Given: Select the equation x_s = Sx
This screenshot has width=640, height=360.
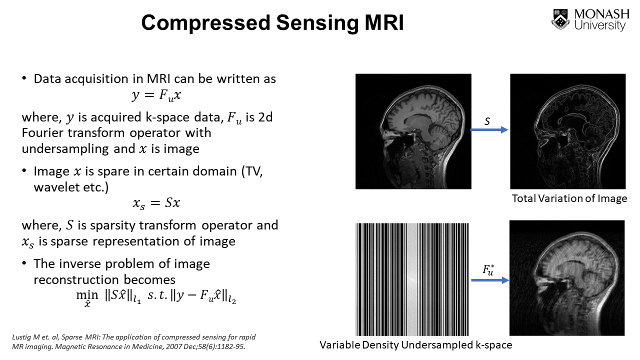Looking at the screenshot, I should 156,202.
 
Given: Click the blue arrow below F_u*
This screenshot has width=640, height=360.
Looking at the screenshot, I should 489,280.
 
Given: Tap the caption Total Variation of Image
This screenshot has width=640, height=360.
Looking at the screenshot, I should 569,198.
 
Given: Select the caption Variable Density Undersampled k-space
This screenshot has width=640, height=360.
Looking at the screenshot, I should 415,344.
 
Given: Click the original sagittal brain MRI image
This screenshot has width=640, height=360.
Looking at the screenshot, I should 413,131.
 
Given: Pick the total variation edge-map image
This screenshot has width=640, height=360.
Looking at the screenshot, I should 567,131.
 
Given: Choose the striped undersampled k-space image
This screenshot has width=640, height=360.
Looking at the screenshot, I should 412,279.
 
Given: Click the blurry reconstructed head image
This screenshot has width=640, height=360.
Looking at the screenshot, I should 566,278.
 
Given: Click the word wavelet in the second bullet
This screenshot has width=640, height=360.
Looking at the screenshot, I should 53,187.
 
